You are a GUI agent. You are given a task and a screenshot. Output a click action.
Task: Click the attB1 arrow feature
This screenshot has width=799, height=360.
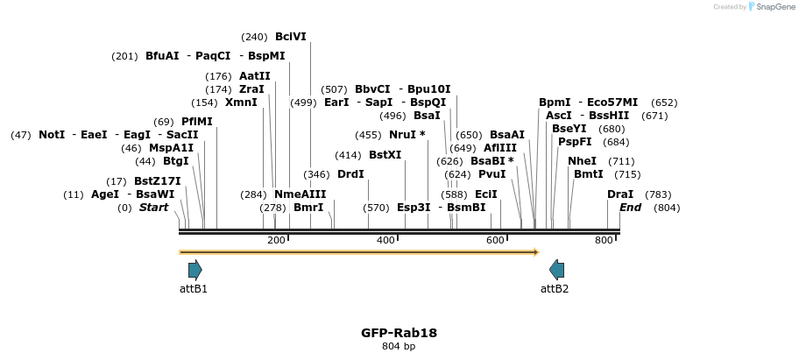point(194,270)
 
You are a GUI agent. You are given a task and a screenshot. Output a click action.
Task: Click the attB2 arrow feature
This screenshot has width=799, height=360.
point(556,270)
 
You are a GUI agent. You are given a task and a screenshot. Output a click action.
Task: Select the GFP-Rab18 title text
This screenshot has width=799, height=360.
point(399,333)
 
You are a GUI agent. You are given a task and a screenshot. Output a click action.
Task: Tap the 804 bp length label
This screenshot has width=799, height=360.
point(399,347)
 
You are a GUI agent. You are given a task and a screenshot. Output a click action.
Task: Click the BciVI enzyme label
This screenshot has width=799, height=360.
point(291,37)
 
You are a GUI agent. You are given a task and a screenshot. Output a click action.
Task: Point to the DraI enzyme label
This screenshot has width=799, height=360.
point(619,194)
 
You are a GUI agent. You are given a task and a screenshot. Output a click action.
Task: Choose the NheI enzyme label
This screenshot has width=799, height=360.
point(582,161)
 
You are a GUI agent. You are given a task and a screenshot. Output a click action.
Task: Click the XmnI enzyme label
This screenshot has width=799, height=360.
point(241,102)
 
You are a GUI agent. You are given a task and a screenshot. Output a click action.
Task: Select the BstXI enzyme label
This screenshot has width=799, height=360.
point(385,155)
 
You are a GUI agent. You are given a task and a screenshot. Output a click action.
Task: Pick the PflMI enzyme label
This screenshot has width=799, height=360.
point(196,122)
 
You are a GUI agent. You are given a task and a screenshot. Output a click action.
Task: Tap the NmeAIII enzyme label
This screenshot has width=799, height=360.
point(300,194)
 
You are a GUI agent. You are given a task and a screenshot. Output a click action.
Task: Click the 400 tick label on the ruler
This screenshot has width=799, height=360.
point(385,241)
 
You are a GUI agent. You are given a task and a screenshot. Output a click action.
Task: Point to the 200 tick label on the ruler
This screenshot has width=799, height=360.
point(276,241)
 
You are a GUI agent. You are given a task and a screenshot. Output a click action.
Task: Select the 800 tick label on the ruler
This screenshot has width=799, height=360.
point(605,241)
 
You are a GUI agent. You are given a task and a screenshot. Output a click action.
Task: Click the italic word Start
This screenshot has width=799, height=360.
point(153,208)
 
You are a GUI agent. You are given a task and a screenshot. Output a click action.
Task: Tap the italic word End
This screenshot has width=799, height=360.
point(630,208)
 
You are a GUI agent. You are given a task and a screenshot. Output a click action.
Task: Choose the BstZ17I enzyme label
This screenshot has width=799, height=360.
point(157,181)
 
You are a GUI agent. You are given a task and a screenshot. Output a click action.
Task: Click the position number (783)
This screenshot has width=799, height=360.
point(658,194)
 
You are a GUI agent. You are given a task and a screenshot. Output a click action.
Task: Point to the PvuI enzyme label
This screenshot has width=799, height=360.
point(491,174)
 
